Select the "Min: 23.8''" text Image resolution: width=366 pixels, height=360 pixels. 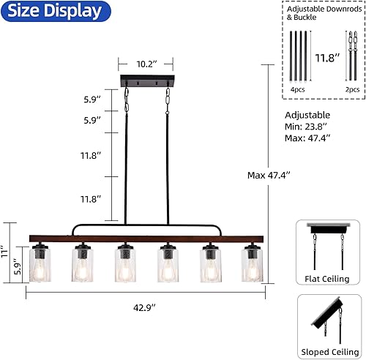point(307,126)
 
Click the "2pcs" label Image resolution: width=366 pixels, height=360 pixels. point(352,89)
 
